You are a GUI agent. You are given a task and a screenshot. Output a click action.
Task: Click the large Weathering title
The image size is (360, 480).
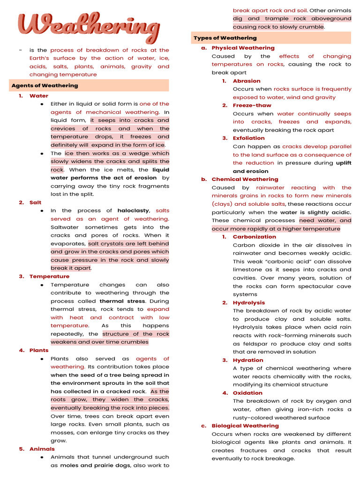89,27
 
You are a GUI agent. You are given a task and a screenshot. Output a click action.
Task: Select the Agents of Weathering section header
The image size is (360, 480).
45,86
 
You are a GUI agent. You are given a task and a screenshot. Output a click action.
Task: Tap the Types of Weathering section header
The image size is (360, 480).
225,38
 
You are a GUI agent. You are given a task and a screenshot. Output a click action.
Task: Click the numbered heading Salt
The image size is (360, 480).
35,202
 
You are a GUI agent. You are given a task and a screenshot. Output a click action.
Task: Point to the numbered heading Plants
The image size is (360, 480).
39,350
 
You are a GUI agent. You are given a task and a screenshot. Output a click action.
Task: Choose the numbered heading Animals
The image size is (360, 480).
42,449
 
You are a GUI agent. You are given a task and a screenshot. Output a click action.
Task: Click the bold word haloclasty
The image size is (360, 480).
133,211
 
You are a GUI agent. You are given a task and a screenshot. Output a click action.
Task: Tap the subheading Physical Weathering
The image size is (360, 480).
243,48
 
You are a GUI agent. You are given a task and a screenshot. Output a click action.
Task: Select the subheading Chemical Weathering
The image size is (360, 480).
245,179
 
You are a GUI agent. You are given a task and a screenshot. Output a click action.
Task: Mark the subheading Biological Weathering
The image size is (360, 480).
245,426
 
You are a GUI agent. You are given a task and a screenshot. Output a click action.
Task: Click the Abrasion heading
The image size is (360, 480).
247,81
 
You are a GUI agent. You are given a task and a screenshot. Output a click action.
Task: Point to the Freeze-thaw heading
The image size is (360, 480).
252,105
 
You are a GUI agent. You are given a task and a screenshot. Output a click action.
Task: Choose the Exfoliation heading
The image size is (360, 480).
248,138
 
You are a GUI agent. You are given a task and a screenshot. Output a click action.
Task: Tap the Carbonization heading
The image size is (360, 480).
254,237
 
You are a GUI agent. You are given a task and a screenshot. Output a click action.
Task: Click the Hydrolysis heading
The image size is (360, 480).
248,303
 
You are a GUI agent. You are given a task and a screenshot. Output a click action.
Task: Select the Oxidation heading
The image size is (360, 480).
247,393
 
